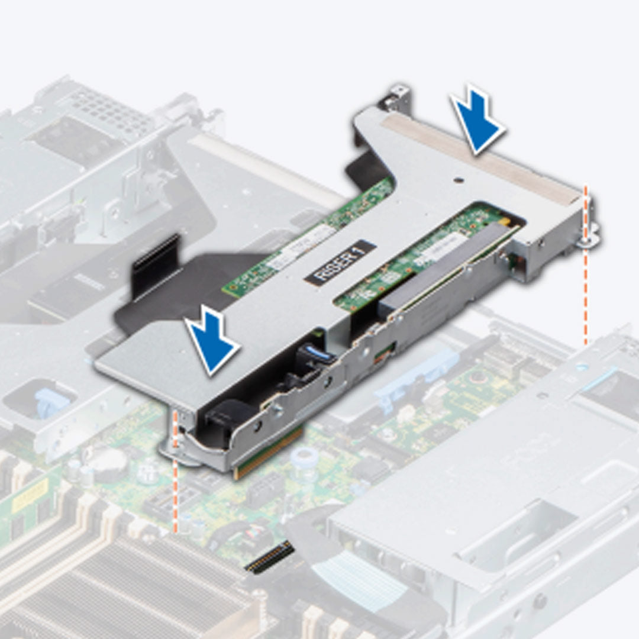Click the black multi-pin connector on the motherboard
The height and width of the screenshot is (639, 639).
point(269,557)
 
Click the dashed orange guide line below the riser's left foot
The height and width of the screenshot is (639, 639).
point(175,497)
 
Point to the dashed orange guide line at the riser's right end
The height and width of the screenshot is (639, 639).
point(586,296)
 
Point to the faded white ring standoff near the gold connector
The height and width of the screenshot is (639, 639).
point(305,456)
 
